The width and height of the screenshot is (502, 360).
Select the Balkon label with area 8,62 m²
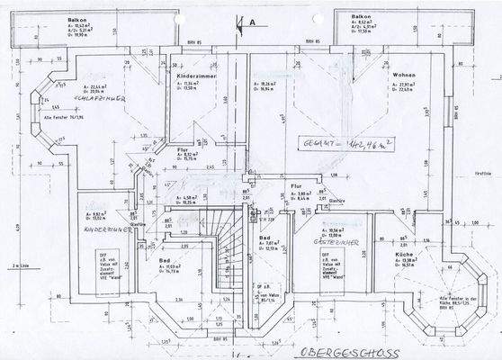pyautogui.click(x=362, y=17)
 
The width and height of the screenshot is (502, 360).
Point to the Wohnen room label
pyautogui.click(x=403, y=75)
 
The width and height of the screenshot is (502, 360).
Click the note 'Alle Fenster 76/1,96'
pyautogui.click(x=62, y=118)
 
